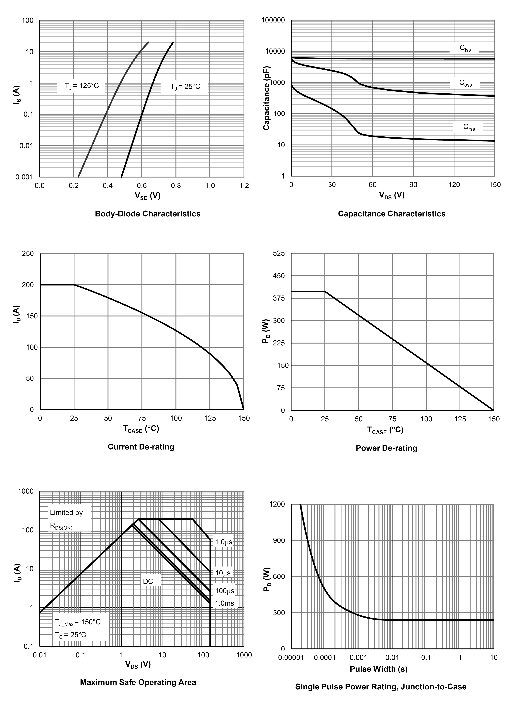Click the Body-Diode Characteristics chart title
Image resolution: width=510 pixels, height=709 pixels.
click(147, 214)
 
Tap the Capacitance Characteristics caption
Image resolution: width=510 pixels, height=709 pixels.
click(392, 214)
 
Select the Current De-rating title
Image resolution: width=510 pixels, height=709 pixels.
click(141, 447)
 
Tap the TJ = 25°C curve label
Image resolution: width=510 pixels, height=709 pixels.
click(185, 86)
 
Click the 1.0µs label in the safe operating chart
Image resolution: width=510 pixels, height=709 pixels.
click(224, 542)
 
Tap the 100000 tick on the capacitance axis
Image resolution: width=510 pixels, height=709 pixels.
click(273, 20)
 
